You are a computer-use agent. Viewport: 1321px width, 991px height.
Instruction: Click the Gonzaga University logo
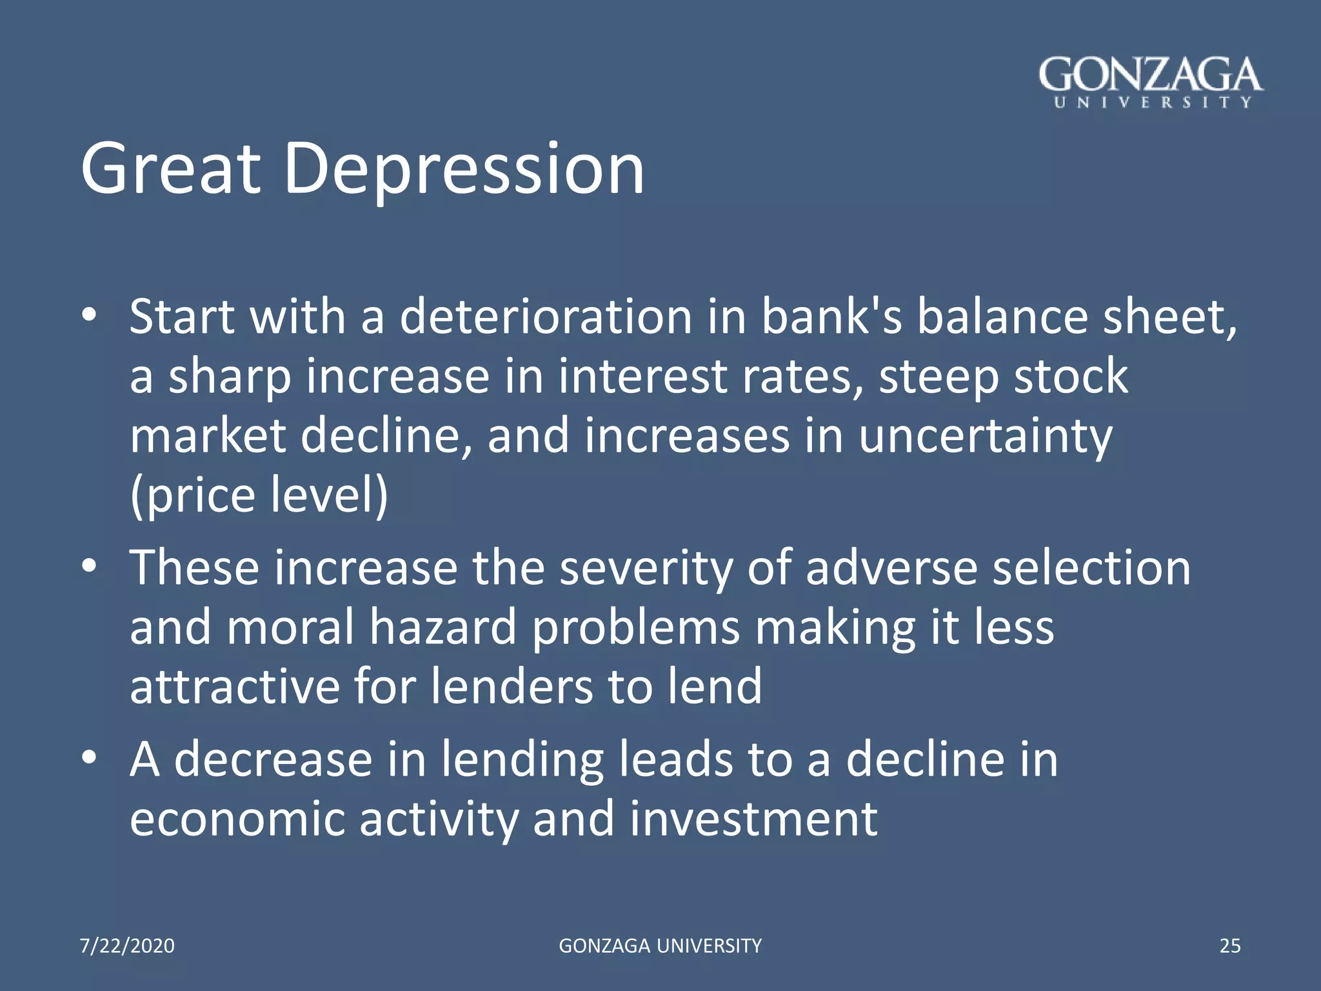coord(1150,83)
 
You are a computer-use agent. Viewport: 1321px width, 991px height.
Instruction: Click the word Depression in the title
coord(463,169)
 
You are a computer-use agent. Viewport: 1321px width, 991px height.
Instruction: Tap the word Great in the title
coord(171,169)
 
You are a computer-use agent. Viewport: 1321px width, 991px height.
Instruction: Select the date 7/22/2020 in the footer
coord(127,946)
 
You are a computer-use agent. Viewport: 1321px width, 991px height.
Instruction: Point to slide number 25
coord(1230,946)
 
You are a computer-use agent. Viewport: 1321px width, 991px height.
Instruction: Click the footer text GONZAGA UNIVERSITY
coord(660,946)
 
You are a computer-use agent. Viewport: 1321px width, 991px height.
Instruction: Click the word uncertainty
coord(985,435)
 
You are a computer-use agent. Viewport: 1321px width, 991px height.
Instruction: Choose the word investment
coord(753,819)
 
